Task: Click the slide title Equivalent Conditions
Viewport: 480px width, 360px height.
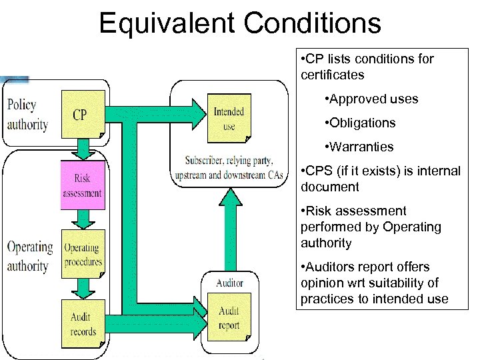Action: [240, 23]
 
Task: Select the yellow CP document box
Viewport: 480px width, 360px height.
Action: [83, 115]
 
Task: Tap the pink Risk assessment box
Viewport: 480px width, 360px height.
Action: [83, 185]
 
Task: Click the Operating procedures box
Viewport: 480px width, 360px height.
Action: [83, 253]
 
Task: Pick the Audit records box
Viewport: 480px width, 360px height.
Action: [83, 323]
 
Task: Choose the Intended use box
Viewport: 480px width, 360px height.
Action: [229, 119]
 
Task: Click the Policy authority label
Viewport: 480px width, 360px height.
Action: [27, 115]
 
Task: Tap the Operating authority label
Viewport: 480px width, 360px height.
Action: [29, 257]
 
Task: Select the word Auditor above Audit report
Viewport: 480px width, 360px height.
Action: [229, 283]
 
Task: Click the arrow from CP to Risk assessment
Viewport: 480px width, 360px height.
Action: [83, 149]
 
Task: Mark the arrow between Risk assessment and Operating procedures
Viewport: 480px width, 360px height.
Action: [83, 219]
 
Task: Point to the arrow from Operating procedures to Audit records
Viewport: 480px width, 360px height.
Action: [83, 288]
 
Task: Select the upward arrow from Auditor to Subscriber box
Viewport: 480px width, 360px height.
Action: [229, 227]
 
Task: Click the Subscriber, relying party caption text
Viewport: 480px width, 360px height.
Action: [229, 167]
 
